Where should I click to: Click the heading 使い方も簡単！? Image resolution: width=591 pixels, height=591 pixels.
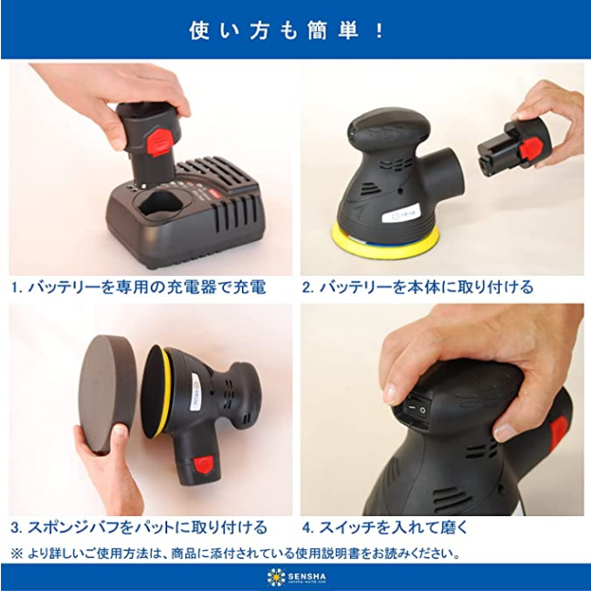point(287,30)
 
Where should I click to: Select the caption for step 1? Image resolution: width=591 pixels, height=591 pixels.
point(138,287)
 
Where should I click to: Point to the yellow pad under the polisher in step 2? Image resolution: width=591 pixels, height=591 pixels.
point(385,240)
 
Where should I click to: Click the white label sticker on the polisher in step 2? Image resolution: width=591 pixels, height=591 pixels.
point(397,216)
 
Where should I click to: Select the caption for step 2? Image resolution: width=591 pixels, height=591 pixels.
point(417,287)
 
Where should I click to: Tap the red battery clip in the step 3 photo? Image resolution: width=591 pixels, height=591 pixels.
point(204,464)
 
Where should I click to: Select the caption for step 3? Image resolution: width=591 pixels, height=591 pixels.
point(139,527)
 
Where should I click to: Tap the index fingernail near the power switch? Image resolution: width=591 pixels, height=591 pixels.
point(390,395)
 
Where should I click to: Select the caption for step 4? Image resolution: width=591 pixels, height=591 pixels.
point(385,527)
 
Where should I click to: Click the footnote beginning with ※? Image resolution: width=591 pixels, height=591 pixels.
point(235,554)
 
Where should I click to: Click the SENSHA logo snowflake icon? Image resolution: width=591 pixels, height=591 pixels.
point(276,576)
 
